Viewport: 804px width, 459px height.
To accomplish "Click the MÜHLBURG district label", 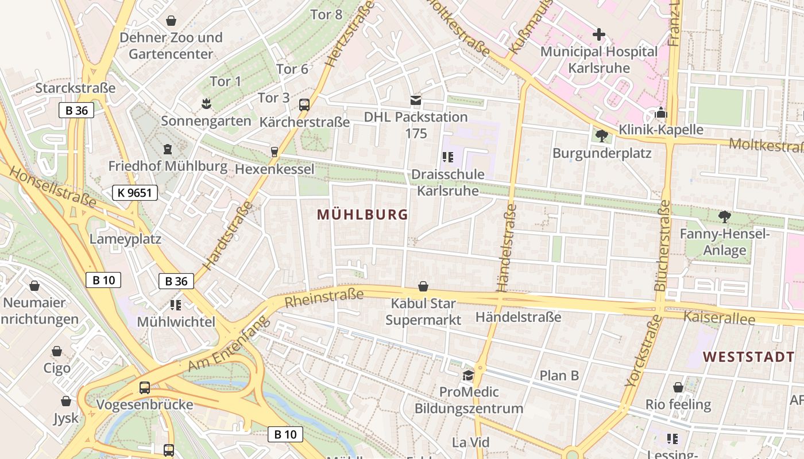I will point(362,215).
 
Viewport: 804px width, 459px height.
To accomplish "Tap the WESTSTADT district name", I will point(749,357).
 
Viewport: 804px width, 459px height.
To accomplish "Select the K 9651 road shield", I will point(134,193).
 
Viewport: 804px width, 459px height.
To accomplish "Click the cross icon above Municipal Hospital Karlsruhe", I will point(599,34).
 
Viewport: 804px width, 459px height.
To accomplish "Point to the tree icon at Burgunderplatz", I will point(602,136).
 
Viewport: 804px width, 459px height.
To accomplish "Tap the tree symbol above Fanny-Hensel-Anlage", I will point(725,216).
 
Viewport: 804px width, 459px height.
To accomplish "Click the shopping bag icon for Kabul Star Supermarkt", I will point(423,286).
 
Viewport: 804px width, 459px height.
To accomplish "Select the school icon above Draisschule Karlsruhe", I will point(448,157).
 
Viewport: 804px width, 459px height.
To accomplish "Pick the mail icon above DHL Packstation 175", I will point(416,100).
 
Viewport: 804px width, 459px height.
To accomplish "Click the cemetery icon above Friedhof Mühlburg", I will point(168,149).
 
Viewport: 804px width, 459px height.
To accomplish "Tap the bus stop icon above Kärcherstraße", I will point(304,105).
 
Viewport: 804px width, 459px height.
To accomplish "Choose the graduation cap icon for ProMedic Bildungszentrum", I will point(469,375).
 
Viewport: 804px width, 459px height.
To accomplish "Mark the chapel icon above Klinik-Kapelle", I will point(661,112).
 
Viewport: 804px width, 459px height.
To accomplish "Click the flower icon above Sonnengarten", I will point(206,104).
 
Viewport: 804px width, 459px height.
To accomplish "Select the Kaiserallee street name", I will point(718,317).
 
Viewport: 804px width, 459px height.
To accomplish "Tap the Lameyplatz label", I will point(125,239).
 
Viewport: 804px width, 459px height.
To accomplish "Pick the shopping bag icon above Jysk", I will point(66,401).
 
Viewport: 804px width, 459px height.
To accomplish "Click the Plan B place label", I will point(559,376).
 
